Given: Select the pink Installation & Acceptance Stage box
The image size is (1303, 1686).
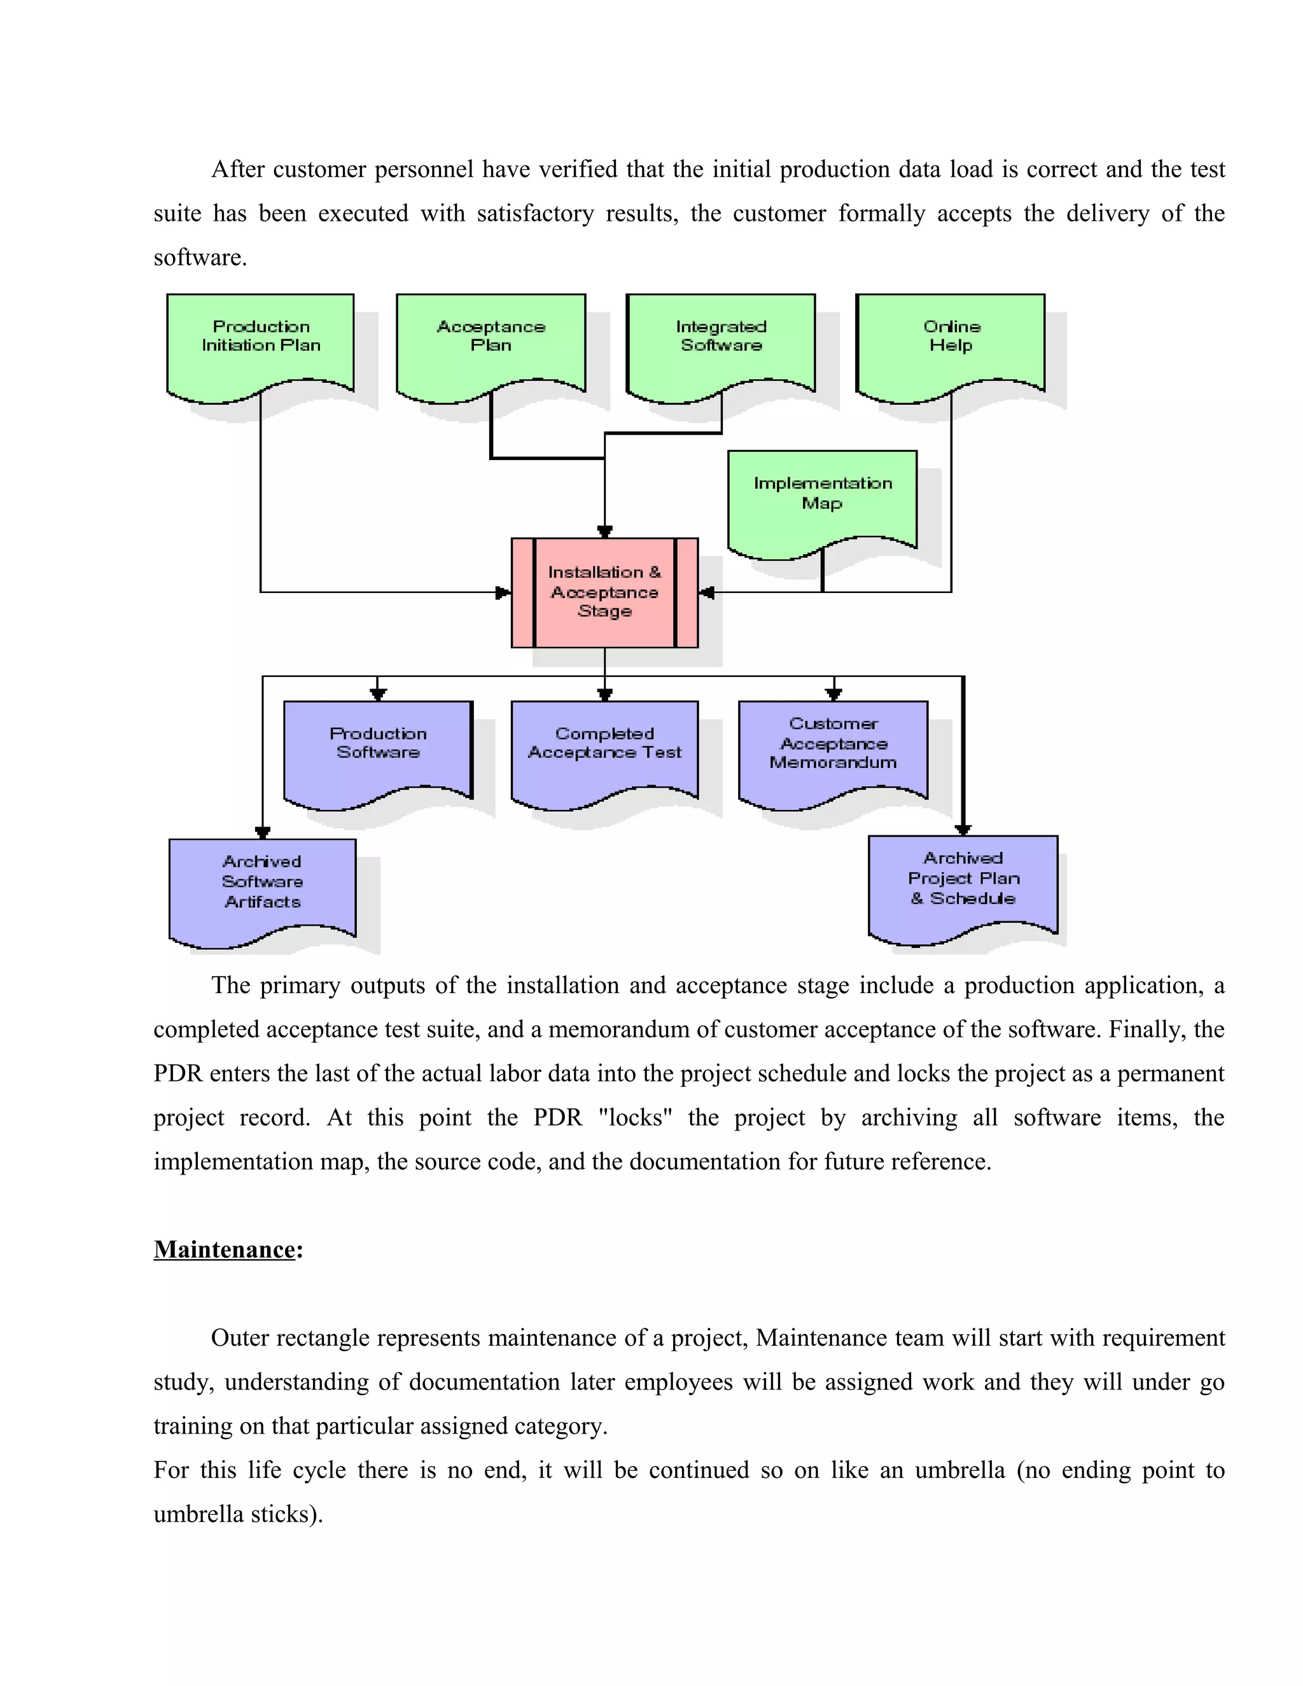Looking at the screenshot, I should tap(604, 592).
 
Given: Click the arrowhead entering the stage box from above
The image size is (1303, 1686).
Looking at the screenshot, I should tap(605, 531).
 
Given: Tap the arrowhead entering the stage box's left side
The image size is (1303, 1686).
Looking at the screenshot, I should tap(503, 593).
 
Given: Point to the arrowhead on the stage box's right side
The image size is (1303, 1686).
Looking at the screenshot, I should tap(706, 593).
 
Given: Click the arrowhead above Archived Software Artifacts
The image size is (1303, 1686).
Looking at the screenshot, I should tap(263, 832).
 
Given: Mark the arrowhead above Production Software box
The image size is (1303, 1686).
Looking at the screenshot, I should tap(377, 694).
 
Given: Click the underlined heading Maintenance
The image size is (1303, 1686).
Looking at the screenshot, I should tap(225, 1249).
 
